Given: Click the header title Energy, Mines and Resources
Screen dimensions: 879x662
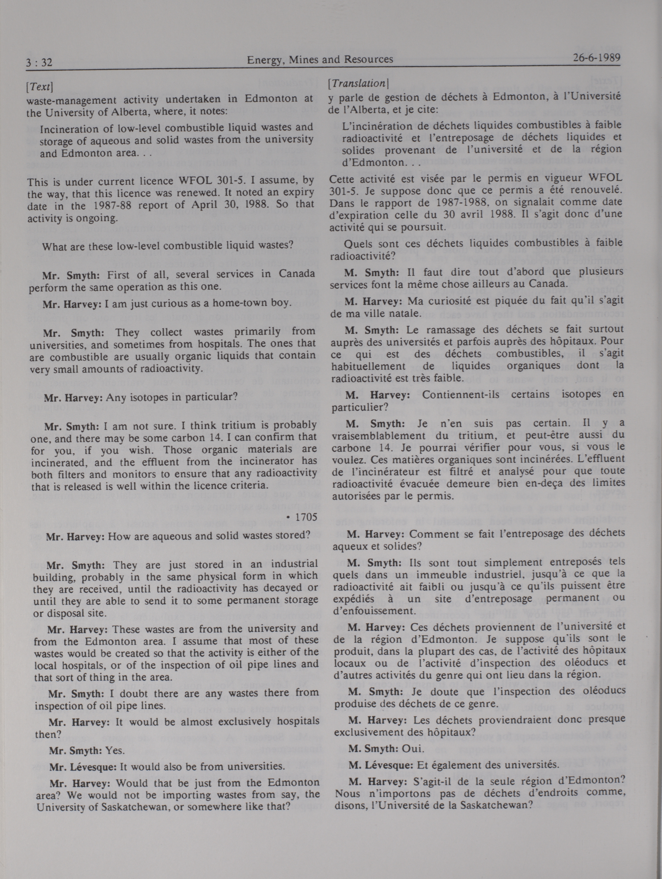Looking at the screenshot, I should click(x=320, y=60).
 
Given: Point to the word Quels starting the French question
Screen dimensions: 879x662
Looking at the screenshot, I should click(x=357, y=244).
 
